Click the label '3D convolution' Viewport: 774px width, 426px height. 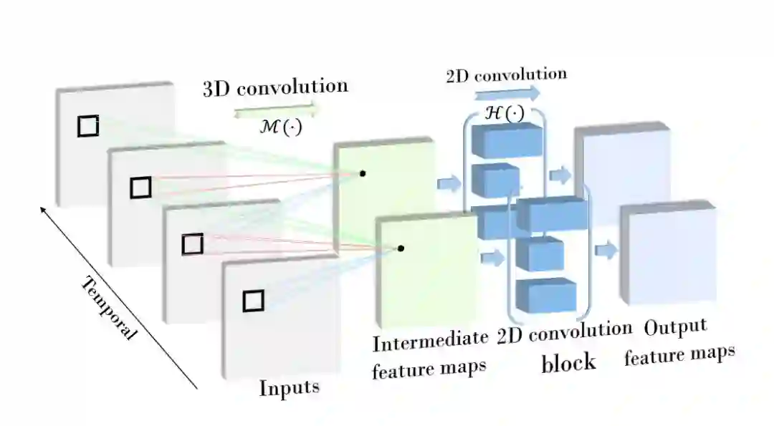tap(275, 87)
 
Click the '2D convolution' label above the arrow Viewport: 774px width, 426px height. tap(506, 75)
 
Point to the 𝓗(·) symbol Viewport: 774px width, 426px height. tap(505, 113)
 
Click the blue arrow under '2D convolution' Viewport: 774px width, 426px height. tap(506, 94)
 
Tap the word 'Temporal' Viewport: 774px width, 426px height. tap(109, 309)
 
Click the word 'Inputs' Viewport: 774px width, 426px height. tap(289, 389)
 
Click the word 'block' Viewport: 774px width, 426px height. tap(568, 362)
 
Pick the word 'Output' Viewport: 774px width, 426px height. tap(675, 329)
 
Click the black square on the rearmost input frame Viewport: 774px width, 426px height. tap(88, 126)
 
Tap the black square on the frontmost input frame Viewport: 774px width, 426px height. tap(253, 300)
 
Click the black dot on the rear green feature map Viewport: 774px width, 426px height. tap(363, 173)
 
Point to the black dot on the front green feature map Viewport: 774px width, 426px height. tap(401, 248)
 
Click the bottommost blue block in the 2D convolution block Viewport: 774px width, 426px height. tap(546, 294)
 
